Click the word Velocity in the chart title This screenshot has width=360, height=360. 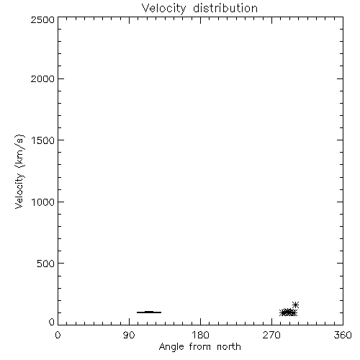pyautogui.click(x=163, y=9)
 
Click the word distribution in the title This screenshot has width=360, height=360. pyautogui.click(x=225, y=8)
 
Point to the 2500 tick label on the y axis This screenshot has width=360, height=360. pyautogui.click(x=42, y=19)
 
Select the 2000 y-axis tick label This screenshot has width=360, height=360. pyautogui.click(x=42, y=78)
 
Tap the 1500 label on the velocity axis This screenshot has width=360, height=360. pyautogui.click(x=43, y=140)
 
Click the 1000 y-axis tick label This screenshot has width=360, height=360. pyautogui.click(x=43, y=202)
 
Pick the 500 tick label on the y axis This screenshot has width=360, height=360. pyautogui.click(x=46, y=264)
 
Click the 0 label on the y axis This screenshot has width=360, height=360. pyautogui.click(x=52, y=322)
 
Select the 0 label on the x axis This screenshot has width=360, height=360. pyautogui.click(x=58, y=335)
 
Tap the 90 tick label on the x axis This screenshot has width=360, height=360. pyautogui.click(x=129, y=335)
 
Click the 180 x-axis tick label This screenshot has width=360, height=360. pyautogui.click(x=200, y=335)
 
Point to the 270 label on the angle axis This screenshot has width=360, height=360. pyautogui.click(x=271, y=335)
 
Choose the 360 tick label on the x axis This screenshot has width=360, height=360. pyautogui.click(x=343, y=335)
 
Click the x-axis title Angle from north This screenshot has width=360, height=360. pyautogui.click(x=200, y=347)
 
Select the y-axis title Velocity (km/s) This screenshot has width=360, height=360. pyautogui.click(x=19, y=171)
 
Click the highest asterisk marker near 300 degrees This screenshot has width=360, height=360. pyautogui.click(x=295, y=305)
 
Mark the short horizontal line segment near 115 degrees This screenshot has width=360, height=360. pyautogui.click(x=149, y=312)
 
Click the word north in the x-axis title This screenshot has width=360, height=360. pyautogui.click(x=229, y=347)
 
